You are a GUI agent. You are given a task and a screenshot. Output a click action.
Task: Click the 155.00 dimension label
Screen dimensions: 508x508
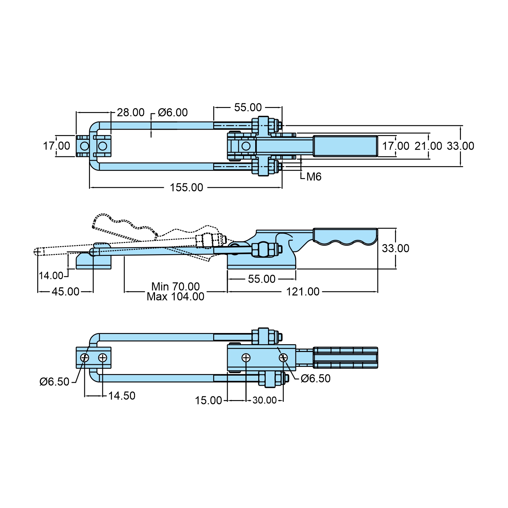[x=186, y=187]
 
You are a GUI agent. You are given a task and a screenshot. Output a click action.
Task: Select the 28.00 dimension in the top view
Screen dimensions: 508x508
[x=131, y=112]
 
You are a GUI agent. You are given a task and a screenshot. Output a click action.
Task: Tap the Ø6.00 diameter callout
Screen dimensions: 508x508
[x=173, y=112]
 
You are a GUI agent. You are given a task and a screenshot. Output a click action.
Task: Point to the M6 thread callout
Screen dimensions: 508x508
[x=313, y=177]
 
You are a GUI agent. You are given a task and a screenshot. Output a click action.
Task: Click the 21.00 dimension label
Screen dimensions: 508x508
[x=428, y=146]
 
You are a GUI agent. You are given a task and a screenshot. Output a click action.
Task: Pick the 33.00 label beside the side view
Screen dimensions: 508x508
[x=395, y=248]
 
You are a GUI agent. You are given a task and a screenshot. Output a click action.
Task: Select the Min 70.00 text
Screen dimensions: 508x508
[x=175, y=286]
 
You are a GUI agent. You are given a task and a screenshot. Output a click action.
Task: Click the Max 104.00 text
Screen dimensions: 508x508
[x=175, y=297]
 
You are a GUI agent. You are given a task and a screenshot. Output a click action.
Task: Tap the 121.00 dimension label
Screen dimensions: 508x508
[x=303, y=292]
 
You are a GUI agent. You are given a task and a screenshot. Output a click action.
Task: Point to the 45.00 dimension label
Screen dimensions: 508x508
[x=65, y=292]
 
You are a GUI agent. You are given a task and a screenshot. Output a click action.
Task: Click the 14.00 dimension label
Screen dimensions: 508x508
[x=51, y=276]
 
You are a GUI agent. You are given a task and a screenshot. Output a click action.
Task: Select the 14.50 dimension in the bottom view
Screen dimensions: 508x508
[x=122, y=396]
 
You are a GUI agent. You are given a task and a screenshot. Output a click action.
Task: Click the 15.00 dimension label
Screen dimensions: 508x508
[x=208, y=400]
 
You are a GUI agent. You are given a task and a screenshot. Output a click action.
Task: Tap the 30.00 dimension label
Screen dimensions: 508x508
[x=264, y=400]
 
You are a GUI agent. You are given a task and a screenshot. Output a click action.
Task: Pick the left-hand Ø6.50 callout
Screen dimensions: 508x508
[x=54, y=382]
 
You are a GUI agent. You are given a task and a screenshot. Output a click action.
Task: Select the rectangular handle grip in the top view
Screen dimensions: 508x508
[x=345, y=146]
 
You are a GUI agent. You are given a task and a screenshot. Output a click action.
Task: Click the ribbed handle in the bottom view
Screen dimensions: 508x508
[x=345, y=357]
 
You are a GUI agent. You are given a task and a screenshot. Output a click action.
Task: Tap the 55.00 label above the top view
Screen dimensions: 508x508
[x=248, y=108]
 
